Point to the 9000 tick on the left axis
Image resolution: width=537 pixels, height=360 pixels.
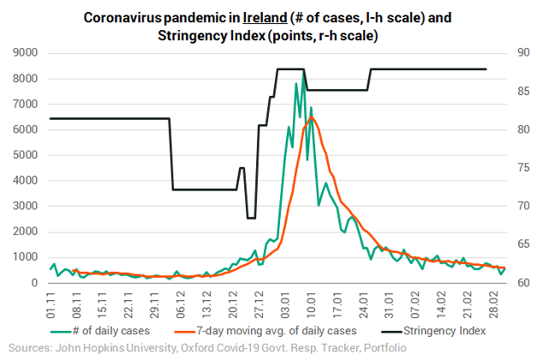click(x=24, y=53)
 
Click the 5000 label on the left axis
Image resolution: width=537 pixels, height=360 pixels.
click(x=24, y=155)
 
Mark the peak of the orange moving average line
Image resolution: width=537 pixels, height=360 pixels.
click(x=313, y=117)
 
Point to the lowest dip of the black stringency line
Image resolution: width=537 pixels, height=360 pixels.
click(x=251, y=218)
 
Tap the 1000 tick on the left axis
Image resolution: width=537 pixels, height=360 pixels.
click(x=24, y=257)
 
